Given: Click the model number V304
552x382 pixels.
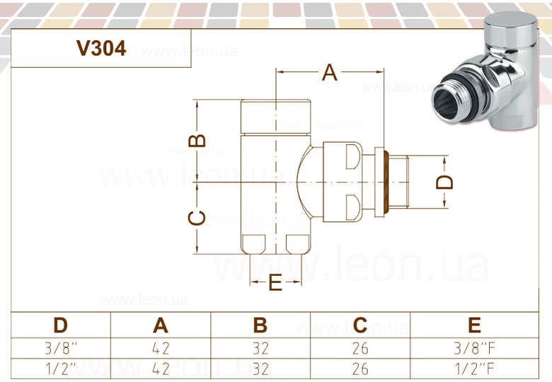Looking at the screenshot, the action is [101, 48].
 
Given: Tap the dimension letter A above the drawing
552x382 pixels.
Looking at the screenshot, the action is [330, 72].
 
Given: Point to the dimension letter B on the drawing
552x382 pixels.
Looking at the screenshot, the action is [197, 140].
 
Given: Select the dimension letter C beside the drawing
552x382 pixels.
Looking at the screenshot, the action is [197, 218].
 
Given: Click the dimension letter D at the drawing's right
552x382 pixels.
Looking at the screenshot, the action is [444, 182].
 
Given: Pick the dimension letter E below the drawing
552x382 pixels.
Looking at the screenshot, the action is [276, 282].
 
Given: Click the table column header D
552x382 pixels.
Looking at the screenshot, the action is [61, 325].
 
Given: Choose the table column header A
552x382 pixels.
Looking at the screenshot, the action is [161, 325].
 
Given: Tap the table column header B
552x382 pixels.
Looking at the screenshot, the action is [260, 325].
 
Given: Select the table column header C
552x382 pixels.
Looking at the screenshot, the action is [360, 325].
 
